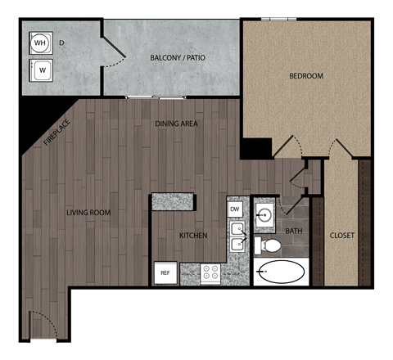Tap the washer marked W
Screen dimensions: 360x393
pyautogui.click(x=41, y=70)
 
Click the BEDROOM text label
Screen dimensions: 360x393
pyautogui.click(x=306, y=76)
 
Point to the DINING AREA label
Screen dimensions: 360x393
pyautogui.click(x=178, y=124)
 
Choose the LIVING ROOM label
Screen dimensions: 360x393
pyautogui.click(x=88, y=213)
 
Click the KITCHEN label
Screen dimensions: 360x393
pyautogui.click(x=193, y=236)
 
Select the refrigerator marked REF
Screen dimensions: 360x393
pyautogui.click(x=165, y=272)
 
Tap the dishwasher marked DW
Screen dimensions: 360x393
pyautogui.click(x=235, y=209)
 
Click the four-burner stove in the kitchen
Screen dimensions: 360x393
pyautogui.click(x=210, y=273)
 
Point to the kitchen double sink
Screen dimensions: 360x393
pyautogui.click(x=238, y=237)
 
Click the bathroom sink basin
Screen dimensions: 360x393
pyautogui.click(x=265, y=217)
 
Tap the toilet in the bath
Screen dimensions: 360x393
pyautogui.click(x=269, y=245)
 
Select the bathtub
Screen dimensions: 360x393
pyautogui.click(x=280, y=272)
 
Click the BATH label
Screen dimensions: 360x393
pyautogui.click(x=294, y=232)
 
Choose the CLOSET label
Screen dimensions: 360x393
pyautogui.click(x=341, y=236)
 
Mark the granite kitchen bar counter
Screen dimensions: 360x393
pyautogui.click(x=173, y=200)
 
